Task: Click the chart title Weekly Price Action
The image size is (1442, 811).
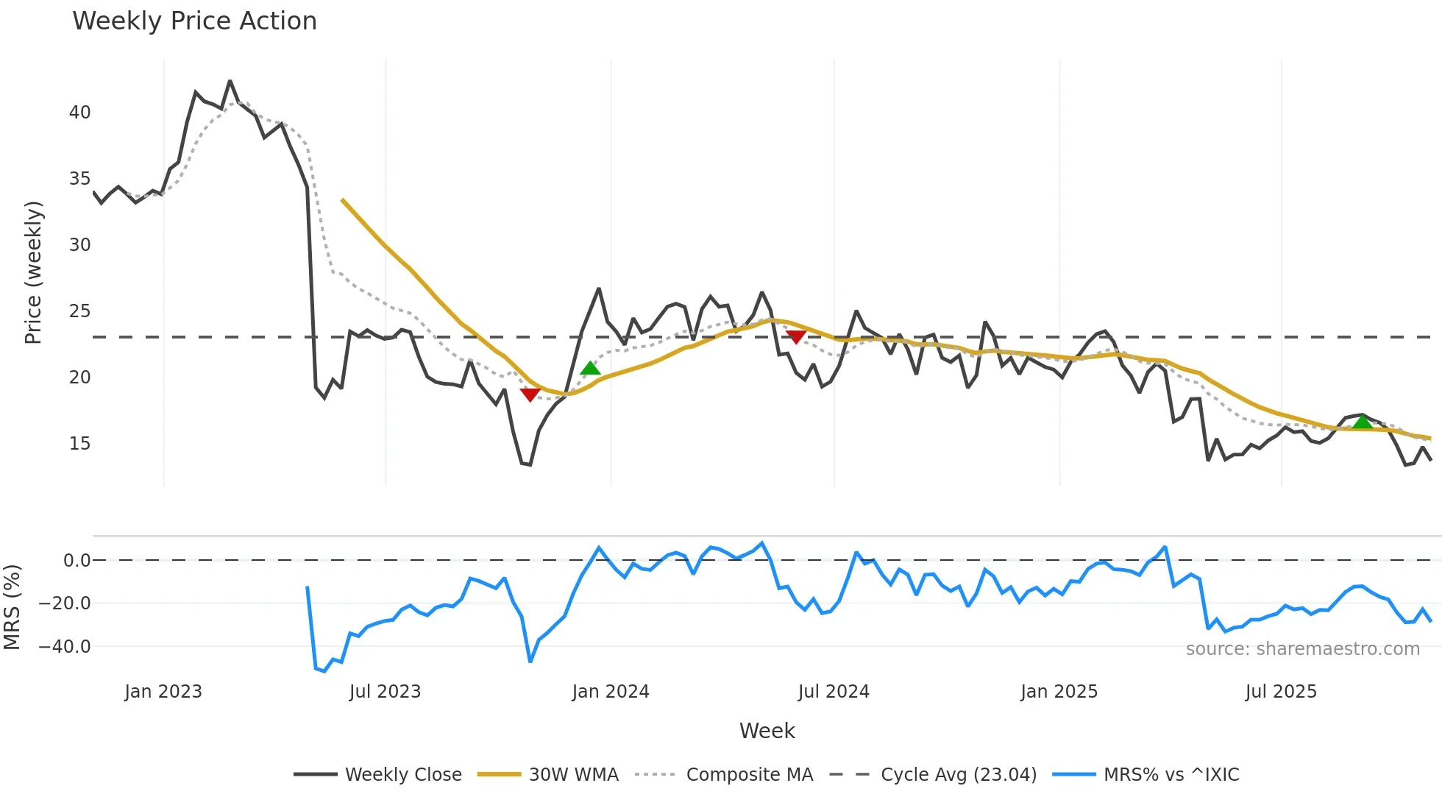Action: pos(194,21)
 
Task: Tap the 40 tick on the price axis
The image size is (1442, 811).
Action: pos(79,113)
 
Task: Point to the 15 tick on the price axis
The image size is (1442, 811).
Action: pos(79,444)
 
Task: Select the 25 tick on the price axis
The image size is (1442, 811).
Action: pos(79,311)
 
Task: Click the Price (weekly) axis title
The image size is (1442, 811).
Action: pos(34,272)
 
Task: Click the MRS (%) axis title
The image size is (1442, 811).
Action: pos(13,607)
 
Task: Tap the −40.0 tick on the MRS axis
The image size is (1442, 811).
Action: pos(65,647)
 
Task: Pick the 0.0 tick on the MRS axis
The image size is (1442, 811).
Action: pos(77,561)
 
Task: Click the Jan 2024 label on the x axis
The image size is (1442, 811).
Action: pos(610,692)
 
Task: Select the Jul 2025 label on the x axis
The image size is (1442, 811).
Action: pos(1280,692)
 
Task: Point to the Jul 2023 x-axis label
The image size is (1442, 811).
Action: pos(385,692)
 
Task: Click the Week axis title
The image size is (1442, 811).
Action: pos(767,731)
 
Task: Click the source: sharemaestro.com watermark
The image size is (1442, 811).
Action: pos(1302,649)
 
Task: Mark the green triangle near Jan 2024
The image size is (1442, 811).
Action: pos(590,369)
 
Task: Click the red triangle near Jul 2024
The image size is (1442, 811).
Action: pos(796,336)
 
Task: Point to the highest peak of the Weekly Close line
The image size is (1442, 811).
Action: pos(230,81)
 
